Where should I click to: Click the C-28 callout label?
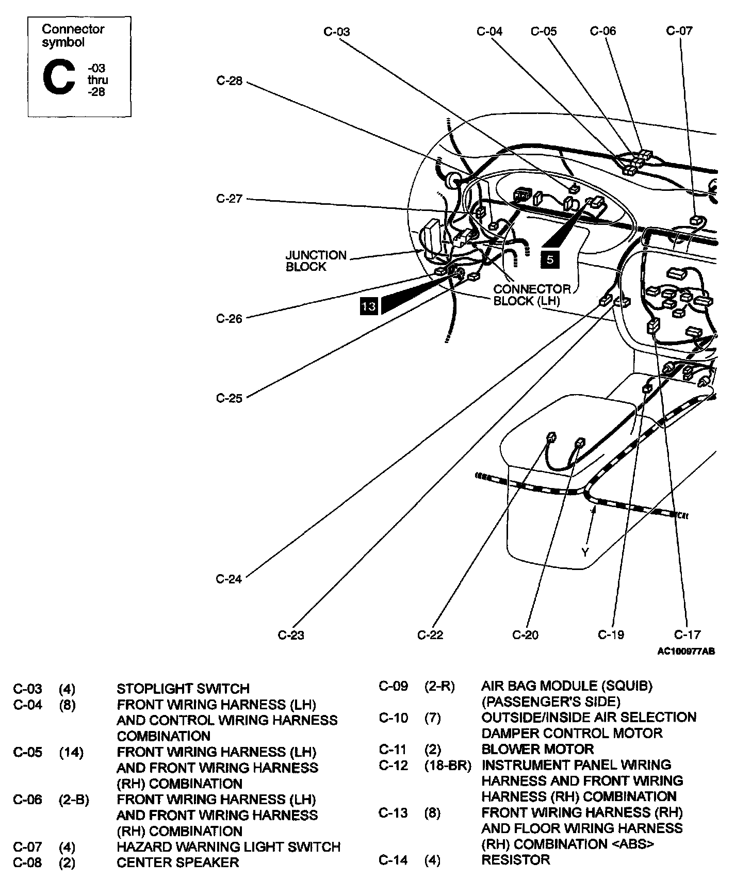click(x=229, y=81)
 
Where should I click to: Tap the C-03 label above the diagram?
click(x=336, y=31)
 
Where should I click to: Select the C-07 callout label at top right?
click(x=679, y=30)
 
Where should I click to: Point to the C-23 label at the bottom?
click(x=291, y=635)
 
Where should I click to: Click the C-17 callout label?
click(x=687, y=634)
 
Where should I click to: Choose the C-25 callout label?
click(x=229, y=398)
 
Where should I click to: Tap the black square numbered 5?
click(x=550, y=259)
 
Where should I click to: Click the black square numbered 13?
click(x=369, y=306)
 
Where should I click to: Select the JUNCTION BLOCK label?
click(x=316, y=261)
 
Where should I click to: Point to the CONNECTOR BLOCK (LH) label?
click(x=531, y=295)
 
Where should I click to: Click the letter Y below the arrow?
click(x=585, y=552)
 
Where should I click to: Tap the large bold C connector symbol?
click(x=58, y=77)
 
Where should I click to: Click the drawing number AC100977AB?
click(x=685, y=652)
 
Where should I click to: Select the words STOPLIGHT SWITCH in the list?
click(x=183, y=689)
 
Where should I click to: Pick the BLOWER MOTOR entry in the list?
click(x=537, y=749)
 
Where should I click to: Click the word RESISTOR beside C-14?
click(x=515, y=860)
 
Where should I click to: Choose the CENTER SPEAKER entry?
click(x=177, y=862)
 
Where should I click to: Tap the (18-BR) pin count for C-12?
click(x=448, y=766)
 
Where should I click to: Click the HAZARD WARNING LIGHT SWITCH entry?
click(x=228, y=847)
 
